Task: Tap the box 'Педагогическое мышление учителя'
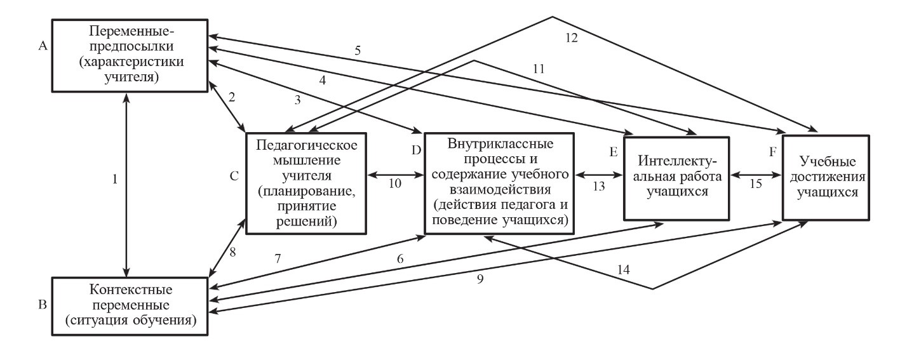306,182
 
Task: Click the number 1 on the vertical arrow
115,179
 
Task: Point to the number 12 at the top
571,37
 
